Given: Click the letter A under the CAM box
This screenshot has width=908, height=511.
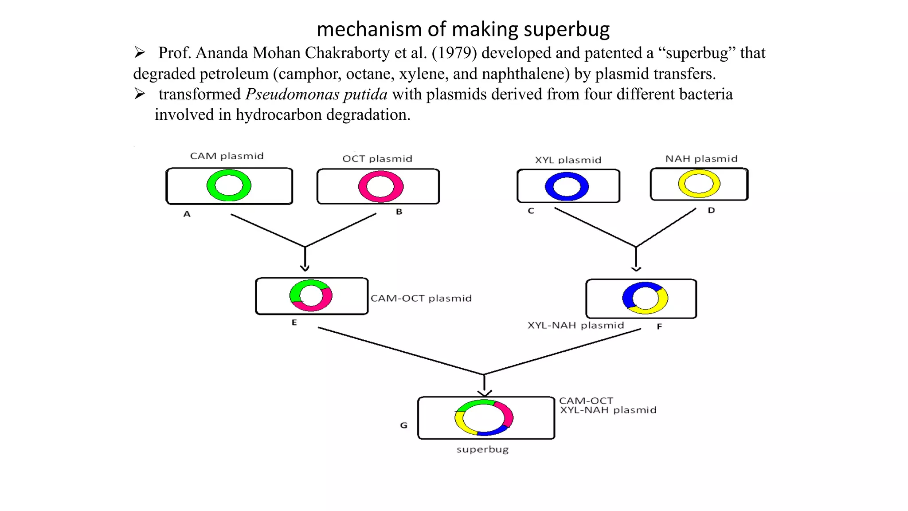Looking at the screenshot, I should click(187, 214).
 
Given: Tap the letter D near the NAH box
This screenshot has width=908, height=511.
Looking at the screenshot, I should click(711, 210).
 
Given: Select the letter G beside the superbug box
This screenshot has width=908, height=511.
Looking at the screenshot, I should click(403, 425).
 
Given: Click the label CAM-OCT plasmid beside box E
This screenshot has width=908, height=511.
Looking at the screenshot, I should click(421, 299).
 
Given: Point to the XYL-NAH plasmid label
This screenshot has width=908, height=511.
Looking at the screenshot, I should click(575, 326).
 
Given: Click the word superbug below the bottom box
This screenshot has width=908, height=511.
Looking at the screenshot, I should click(482, 449).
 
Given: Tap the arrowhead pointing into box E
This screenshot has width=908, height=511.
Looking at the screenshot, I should click(305, 268).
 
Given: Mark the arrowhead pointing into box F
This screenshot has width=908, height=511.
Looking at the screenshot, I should click(636, 269).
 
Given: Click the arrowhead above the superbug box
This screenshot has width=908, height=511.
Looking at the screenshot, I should click(484, 393).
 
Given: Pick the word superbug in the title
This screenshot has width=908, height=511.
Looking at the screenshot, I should click(567, 29).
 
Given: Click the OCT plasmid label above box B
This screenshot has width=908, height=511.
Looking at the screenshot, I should click(377, 159).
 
